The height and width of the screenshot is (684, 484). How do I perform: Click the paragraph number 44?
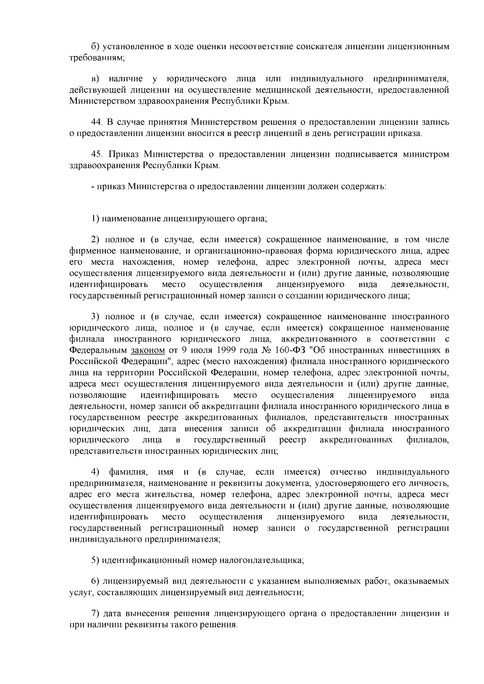coord(97,121)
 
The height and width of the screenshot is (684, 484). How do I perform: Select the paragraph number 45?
coord(97,154)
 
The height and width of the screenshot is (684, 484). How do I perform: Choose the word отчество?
coord(348,472)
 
